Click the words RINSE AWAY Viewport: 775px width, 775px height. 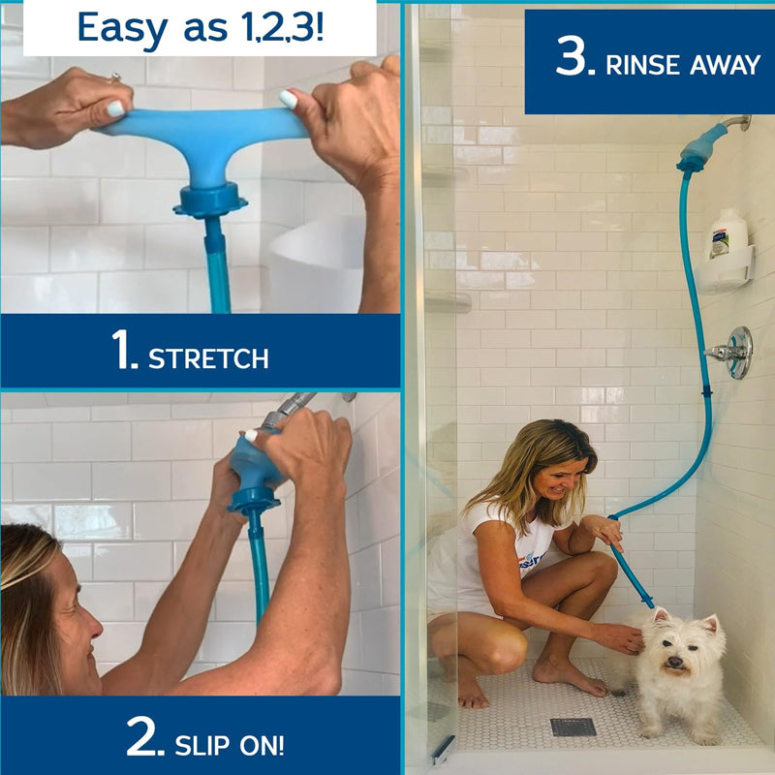683,65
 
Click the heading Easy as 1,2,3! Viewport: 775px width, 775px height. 200,28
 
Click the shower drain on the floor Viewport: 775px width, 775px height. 573,727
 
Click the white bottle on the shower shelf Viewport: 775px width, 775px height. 728,234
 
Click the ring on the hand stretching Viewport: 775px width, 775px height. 113,77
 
